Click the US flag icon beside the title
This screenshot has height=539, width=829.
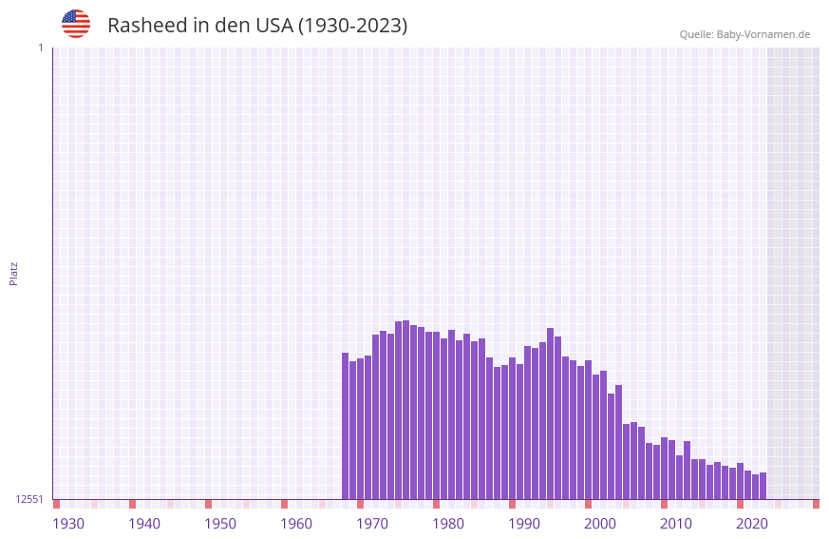tap(76, 24)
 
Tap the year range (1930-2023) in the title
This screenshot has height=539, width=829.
tap(352, 26)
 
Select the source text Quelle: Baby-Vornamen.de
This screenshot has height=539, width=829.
tap(744, 35)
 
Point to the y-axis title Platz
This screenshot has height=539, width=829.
tap(13, 273)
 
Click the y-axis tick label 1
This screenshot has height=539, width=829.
tap(40, 48)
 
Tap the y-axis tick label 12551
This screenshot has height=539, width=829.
tap(29, 499)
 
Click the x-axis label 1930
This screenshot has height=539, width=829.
tap(68, 524)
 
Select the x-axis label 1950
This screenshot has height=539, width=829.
tap(220, 524)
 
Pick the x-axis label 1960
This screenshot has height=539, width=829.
tap(296, 524)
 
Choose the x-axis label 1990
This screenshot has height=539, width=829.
tap(524, 524)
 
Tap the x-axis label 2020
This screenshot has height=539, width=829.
tap(752, 524)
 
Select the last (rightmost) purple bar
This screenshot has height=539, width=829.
tap(763, 486)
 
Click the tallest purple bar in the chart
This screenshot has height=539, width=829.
tap(406, 410)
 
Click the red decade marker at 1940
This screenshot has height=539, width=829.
tap(133, 504)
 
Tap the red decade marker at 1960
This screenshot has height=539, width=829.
tap(284, 504)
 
